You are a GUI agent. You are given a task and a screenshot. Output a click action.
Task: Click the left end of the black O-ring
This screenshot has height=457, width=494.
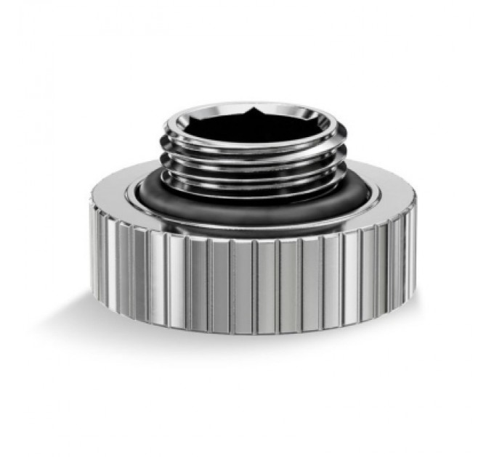tap(142, 190)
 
